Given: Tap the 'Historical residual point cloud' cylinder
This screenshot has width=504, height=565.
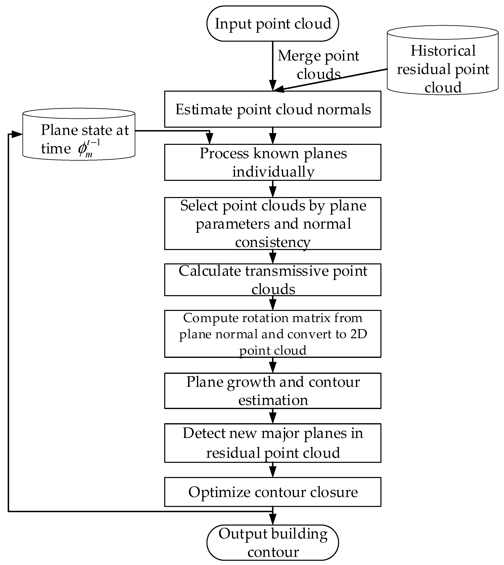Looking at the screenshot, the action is (443, 60).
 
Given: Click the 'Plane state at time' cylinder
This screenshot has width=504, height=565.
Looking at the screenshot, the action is (79, 134).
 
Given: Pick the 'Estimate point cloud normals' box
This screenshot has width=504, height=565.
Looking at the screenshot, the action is (273, 109).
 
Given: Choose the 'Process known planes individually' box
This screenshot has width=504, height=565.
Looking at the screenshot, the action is (273, 162).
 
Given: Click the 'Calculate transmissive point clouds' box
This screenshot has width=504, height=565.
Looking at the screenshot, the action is (273, 280).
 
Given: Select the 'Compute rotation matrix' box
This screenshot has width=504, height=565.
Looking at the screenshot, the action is (273, 334).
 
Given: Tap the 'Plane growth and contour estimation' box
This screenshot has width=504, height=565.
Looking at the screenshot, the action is (273, 391).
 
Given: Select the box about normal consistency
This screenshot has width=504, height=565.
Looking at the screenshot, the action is (273, 224).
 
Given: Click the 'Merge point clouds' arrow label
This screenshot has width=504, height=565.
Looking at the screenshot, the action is (319, 65).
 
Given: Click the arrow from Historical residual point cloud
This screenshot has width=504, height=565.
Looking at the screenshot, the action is (330, 80).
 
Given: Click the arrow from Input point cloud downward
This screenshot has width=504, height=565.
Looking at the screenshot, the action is (273, 66).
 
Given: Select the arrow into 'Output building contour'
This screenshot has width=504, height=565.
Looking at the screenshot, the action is (273, 516).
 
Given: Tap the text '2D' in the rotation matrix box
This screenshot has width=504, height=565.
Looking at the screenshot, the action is (359, 334).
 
